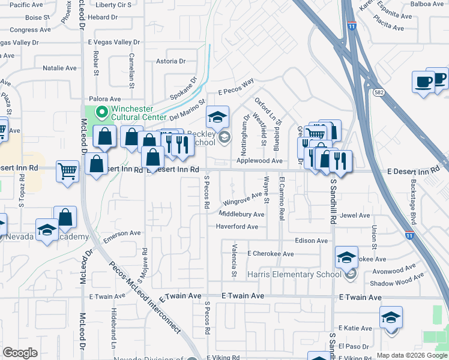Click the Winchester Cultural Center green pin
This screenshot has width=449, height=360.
coord(102,112)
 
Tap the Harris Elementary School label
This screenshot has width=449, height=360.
coord(293,275)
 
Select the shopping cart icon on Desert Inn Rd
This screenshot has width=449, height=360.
coord(67,172)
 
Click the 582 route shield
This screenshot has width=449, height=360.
coord(378,93)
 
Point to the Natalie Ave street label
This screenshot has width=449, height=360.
coord(59,68)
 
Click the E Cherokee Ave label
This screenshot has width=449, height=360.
coord(270,254)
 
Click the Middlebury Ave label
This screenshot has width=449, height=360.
coord(241,214)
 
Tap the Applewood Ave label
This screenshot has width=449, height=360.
coord(259,161)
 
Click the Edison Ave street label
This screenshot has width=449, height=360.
coord(312,241)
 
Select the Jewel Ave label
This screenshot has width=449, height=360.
coord(355,215)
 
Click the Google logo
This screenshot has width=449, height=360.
coord(20,353)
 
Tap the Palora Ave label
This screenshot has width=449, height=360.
coord(105,99)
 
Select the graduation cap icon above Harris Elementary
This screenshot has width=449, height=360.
coord(346,257)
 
